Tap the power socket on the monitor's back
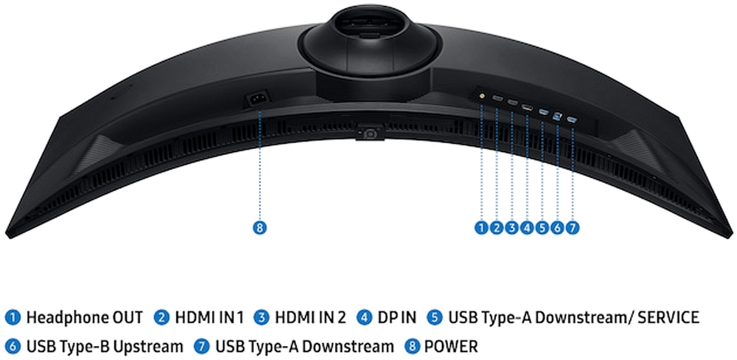pos(257,100)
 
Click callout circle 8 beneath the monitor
pos(260,228)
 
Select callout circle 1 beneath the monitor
pos(481,228)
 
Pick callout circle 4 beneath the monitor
pos(527,228)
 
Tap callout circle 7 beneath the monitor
pos(572,228)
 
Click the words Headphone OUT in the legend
pos(84,318)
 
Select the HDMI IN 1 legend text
pos(210,318)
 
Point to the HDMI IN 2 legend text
pos(310,318)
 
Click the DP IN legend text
pos(397,318)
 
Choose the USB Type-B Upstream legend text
pos(104,347)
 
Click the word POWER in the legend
pos(451,347)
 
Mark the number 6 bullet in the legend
pos(13,347)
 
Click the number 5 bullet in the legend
pos(435,318)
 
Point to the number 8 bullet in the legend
pos(412,347)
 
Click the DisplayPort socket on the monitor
pos(527,108)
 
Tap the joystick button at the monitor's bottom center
pos(370,134)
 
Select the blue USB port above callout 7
pos(572,120)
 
